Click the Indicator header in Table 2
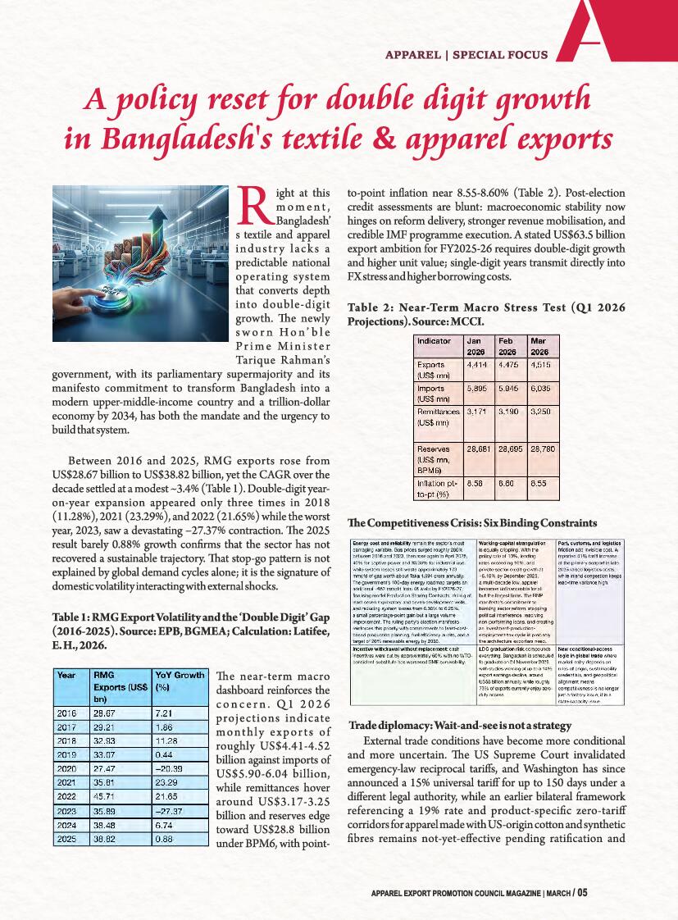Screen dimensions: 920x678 [x=435, y=340]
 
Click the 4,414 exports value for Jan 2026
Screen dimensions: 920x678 [x=477, y=364]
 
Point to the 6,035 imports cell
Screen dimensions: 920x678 [x=544, y=388]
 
